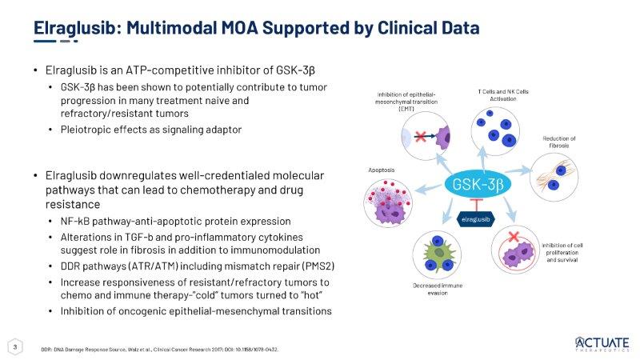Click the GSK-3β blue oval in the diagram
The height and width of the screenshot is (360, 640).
[477, 185]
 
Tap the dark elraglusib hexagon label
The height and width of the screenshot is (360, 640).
[475, 219]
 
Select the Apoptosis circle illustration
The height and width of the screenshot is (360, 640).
[388, 203]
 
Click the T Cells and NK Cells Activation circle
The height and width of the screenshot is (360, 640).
[495, 131]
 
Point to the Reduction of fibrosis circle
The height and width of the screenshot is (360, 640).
[554, 177]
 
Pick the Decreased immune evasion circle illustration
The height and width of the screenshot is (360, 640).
[437, 254]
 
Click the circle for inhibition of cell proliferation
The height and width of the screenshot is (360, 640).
[515, 250]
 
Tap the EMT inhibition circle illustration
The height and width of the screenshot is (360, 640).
[426, 136]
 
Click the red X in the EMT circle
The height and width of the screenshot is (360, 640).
[421, 136]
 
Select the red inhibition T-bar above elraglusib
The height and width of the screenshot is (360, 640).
[476, 205]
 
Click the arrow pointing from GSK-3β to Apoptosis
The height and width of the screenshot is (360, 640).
[428, 189]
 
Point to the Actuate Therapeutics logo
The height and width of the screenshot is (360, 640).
[602, 344]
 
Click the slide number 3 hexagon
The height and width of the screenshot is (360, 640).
[15, 347]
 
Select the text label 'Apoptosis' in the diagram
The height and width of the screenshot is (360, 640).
[382, 170]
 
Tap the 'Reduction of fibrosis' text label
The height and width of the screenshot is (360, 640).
[558, 142]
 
